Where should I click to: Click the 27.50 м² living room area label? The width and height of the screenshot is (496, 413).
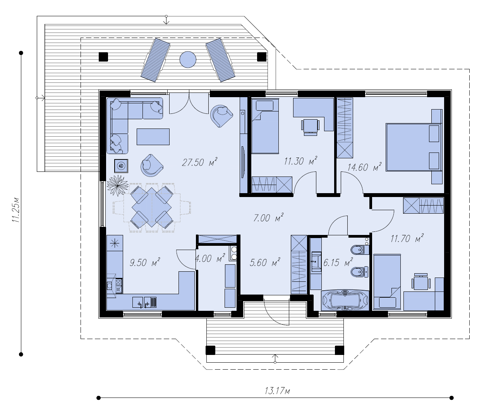coord(199,162)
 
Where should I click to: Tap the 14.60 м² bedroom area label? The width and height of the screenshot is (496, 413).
coord(364,167)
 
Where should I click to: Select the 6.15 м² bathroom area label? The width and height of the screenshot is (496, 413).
coord(338,262)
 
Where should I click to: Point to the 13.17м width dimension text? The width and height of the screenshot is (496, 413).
coord(277,391)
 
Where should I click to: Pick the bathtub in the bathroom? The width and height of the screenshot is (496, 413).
coord(345,300)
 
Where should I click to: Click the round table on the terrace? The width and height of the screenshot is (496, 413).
coord(188,60)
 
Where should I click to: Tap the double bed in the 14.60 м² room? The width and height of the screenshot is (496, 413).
coord(414,147)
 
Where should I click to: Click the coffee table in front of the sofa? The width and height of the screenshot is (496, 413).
coord(153,137)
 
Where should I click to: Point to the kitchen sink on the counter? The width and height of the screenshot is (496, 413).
coord(144,302)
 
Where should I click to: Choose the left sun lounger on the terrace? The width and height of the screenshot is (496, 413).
coord(155,60)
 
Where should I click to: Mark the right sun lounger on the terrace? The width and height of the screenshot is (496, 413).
coord(220,60)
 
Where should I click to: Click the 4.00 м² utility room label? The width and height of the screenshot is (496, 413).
coord(210,259)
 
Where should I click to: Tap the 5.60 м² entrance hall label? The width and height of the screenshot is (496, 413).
coord(265,262)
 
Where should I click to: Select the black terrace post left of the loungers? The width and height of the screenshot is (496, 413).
coord(103,57)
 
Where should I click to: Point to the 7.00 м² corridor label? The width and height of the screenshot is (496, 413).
coord(268,218)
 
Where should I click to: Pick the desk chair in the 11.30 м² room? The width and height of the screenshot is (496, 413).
coord(310,127)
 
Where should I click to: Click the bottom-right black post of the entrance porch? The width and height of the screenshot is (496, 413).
coord(339,350)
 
